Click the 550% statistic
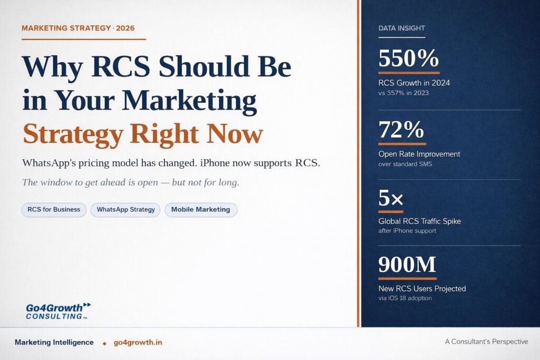(x=409, y=58)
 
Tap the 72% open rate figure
(x=401, y=130)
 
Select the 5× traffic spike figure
(x=391, y=198)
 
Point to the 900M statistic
(x=407, y=264)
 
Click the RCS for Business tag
(x=54, y=210)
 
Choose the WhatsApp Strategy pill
(x=126, y=210)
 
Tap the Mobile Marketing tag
(x=201, y=210)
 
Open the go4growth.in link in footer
(x=138, y=343)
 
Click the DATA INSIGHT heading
(x=401, y=28)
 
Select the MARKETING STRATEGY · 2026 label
(x=78, y=28)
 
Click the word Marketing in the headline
(x=189, y=101)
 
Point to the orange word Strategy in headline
(x=73, y=134)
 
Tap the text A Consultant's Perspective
(x=486, y=342)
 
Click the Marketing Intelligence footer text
(x=54, y=343)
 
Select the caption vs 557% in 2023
(x=403, y=93)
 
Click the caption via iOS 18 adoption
(x=405, y=298)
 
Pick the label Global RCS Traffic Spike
(x=419, y=221)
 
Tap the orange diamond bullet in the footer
(x=105, y=343)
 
